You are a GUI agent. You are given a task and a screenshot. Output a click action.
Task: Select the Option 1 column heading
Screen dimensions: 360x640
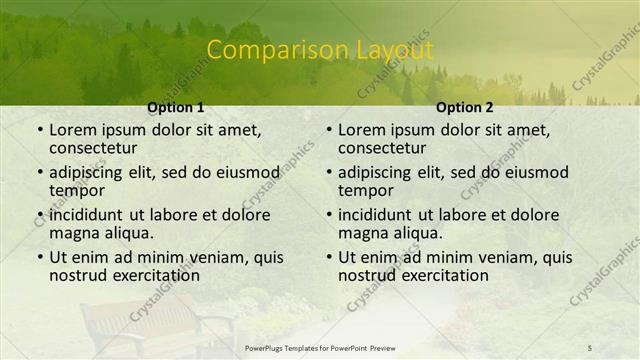175,107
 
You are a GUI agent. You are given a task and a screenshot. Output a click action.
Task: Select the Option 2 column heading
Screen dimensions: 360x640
465,107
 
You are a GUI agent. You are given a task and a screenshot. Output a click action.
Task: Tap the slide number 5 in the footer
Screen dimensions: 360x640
589,347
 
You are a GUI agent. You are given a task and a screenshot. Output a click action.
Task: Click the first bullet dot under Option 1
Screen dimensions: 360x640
40,131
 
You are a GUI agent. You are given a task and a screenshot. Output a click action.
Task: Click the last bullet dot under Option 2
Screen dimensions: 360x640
329,258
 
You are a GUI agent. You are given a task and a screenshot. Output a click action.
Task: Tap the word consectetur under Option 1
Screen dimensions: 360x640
95,148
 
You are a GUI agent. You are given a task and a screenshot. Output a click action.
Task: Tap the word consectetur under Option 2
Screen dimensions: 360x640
384,148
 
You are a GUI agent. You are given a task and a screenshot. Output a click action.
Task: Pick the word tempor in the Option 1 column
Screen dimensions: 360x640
74,190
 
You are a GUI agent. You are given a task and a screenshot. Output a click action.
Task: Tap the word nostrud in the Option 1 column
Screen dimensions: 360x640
79,275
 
